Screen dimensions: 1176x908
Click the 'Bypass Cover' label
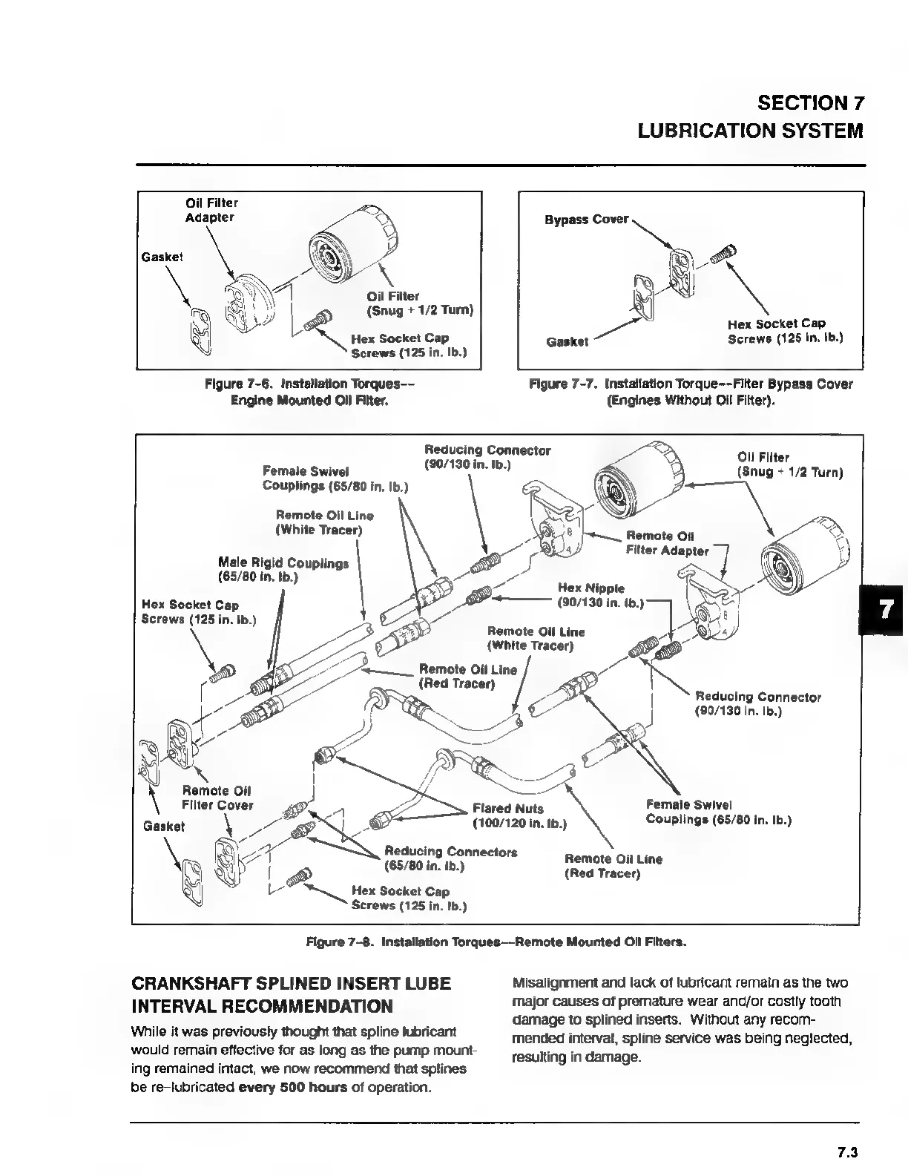[x=586, y=220]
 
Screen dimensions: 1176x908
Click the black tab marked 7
[x=884, y=609]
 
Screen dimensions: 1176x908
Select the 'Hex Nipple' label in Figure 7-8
[x=591, y=588]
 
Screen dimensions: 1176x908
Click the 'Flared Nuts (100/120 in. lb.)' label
[x=519, y=815]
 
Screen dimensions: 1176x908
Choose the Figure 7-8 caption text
[x=496, y=942]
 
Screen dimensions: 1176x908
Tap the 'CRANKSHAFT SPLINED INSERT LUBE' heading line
[x=291, y=984]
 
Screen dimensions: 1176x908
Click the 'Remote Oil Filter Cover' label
[x=217, y=798]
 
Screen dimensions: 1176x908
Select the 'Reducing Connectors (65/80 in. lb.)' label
[x=450, y=858]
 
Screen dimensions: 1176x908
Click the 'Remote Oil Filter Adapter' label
[x=667, y=543]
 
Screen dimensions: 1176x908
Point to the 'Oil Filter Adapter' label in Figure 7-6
[x=211, y=210]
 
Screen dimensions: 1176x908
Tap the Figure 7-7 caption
[x=690, y=392]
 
